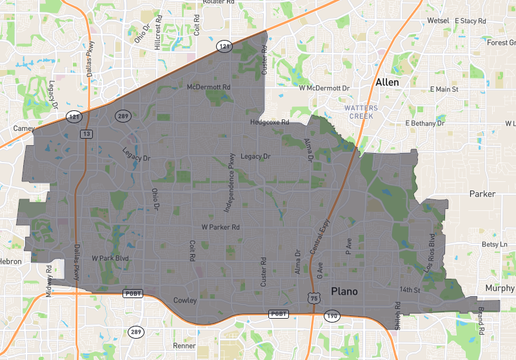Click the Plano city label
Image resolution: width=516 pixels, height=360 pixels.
click(344, 290)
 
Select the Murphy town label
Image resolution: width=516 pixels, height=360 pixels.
click(500, 288)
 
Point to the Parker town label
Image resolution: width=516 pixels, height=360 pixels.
click(483, 193)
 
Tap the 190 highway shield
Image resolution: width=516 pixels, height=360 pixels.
click(331, 315)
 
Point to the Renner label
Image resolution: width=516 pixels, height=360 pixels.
click(184, 345)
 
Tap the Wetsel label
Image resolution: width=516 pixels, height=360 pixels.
click(438, 20)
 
